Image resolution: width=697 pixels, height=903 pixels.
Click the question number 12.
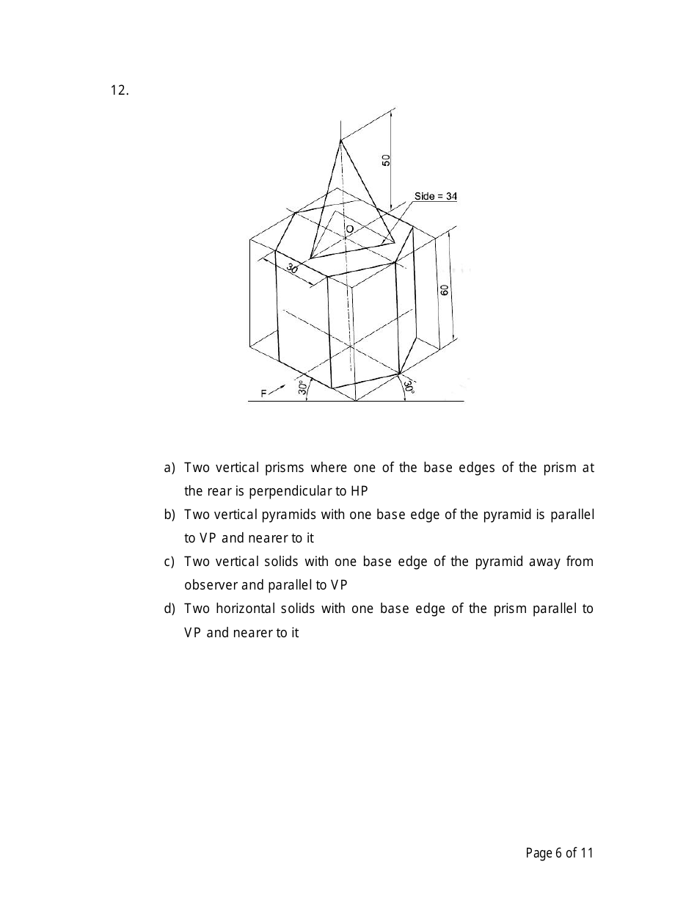120,90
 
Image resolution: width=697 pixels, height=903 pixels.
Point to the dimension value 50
386,159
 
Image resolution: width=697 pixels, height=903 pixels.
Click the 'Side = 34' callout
435,196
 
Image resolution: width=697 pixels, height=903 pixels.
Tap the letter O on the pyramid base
350,229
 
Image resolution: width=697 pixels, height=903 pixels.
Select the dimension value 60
445,289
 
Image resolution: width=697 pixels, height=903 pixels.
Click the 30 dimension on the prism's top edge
292,269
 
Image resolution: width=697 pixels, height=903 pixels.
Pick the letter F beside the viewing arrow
264,394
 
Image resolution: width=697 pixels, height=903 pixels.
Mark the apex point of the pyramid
340,139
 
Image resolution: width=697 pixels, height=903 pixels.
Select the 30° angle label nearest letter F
302,388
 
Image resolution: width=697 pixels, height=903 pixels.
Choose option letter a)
169,468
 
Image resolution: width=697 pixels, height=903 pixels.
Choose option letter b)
169,515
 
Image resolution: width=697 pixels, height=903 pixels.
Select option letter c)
169,562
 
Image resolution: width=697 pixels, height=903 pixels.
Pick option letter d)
169,609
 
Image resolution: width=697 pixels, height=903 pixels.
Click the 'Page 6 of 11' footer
559,852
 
